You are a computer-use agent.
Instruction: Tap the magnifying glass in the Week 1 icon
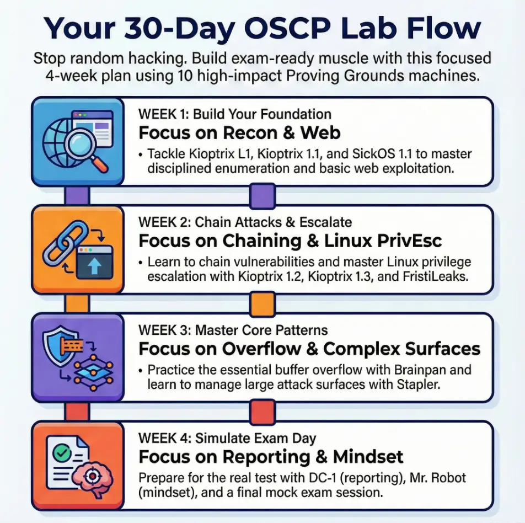point(87,150)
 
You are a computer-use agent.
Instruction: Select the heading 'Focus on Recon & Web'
point(239,132)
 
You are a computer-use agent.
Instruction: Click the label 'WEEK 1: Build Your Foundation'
point(235,114)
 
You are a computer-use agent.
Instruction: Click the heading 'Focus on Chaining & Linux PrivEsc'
point(290,241)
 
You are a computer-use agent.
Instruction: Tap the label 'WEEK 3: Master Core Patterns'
point(233,330)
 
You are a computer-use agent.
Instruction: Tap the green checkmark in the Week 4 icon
point(62,453)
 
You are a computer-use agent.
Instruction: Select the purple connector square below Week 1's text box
point(262,196)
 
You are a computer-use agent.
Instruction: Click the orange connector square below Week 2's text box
point(262,304)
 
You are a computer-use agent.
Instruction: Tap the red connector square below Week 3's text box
point(262,412)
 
